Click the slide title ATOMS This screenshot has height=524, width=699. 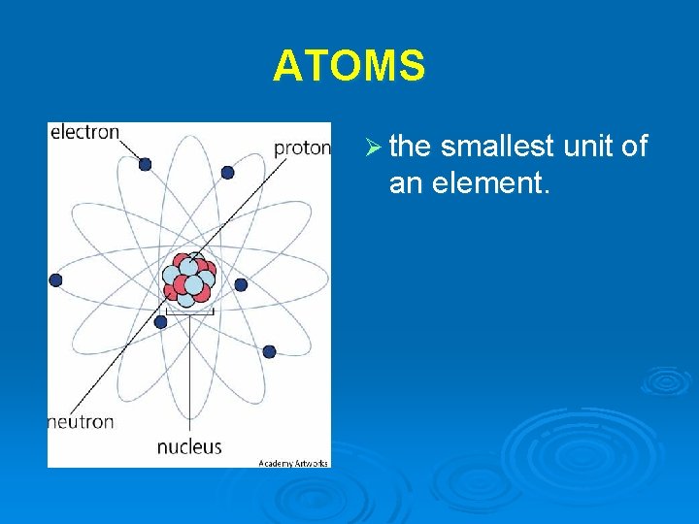(x=349, y=66)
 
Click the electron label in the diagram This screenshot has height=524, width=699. (x=84, y=132)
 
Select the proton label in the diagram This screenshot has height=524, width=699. (x=302, y=147)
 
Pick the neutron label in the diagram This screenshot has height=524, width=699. (x=82, y=422)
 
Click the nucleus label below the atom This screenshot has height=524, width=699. (x=189, y=447)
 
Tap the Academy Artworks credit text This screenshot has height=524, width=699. (x=293, y=463)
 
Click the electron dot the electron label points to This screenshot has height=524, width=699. (x=145, y=164)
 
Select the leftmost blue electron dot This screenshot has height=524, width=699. (x=55, y=279)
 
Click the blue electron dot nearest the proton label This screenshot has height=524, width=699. (x=227, y=172)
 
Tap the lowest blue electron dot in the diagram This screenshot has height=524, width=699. (x=269, y=351)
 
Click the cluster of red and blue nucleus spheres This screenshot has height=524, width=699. (x=188, y=279)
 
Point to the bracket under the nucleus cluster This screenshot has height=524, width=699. (x=189, y=311)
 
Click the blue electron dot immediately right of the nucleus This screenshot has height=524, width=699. (x=241, y=284)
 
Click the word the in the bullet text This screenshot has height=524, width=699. (x=409, y=147)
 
